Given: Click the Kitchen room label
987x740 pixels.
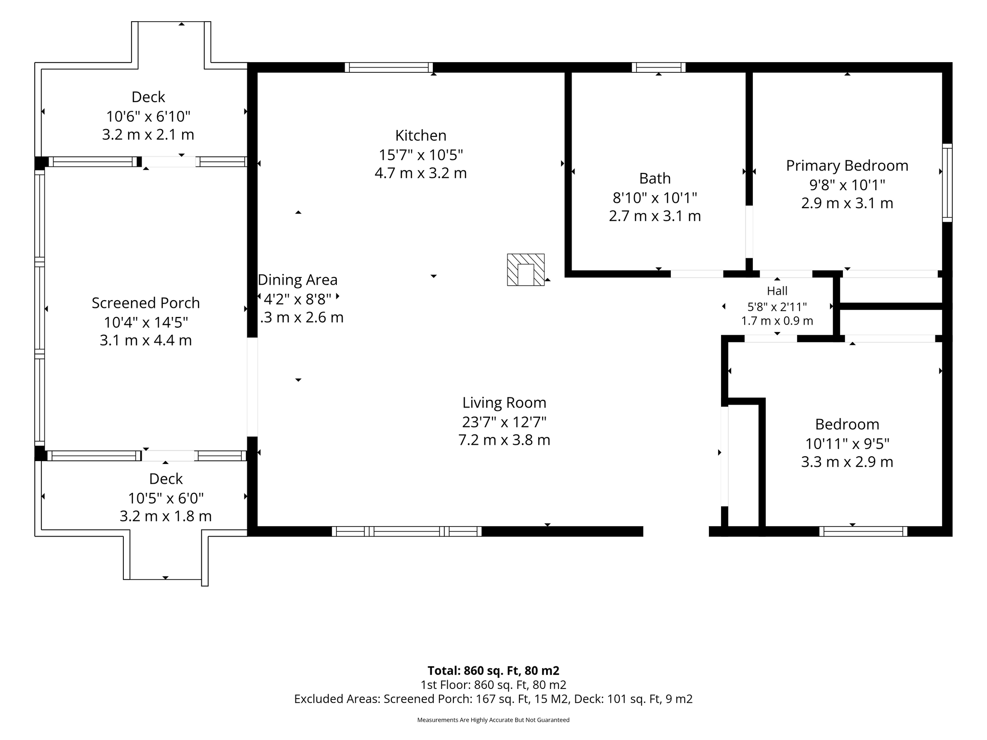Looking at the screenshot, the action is (421, 135).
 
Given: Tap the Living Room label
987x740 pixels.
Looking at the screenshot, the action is (504, 403).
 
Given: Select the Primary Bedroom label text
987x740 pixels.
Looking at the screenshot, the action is (847, 166).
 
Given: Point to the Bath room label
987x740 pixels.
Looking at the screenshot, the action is (655, 178).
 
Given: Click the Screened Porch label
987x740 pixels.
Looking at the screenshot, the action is (146, 303).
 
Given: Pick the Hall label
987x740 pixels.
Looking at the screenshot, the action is (777, 291).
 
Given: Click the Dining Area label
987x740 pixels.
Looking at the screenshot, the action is (297, 280).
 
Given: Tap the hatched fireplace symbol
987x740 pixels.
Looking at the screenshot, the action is (526, 270).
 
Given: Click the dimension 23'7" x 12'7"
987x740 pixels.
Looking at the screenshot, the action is (504, 422).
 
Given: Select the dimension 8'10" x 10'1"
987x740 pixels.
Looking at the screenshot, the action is (655, 198).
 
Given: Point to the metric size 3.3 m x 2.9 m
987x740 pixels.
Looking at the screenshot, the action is (847, 462).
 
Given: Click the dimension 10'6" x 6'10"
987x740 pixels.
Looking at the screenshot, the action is (148, 116).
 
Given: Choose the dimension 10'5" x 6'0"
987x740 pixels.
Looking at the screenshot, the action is (166, 498).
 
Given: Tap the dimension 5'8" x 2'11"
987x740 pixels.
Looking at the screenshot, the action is (777, 306).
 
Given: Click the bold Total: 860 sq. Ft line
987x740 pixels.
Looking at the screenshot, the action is (493, 671).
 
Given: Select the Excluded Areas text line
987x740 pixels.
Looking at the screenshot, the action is (493, 699).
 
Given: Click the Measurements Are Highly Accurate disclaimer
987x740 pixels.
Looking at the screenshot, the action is (493, 720).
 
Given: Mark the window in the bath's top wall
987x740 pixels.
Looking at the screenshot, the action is (659, 67).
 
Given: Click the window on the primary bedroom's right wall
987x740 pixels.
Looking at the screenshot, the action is (947, 183).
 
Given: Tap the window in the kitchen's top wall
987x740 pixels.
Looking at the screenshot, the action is (389, 67).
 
